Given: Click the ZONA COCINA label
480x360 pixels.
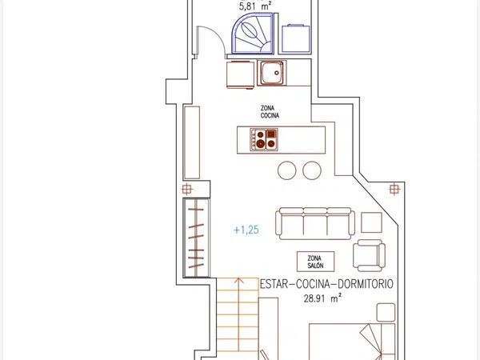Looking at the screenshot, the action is (x=270, y=112).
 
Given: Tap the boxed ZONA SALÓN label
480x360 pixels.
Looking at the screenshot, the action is (x=316, y=262).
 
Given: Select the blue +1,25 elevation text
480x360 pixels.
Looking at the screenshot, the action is (x=246, y=230).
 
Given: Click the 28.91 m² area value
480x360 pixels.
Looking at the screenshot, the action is (x=322, y=298).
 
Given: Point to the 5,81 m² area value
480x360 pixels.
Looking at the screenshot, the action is (x=254, y=6).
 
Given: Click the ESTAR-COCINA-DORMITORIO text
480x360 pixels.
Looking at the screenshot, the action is (x=326, y=284).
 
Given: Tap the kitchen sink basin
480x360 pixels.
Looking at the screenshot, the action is (x=272, y=73).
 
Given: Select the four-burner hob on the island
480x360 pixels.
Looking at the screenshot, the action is (x=264, y=139).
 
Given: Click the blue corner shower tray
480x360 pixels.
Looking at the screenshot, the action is (x=252, y=34).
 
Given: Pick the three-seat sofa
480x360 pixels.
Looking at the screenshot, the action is (x=315, y=223).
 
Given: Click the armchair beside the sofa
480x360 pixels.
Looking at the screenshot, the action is (x=369, y=255).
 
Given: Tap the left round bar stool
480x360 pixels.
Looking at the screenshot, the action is (x=287, y=170).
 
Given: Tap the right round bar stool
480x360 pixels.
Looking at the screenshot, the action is (x=312, y=170).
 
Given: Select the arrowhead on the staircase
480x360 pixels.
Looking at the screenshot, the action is (x=238, y=281).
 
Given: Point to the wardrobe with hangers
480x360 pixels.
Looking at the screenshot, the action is (x=196, y=238).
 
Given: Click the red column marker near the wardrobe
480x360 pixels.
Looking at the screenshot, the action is (x=186, y=189).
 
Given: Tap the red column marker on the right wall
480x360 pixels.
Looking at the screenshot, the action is (x=394, y=189).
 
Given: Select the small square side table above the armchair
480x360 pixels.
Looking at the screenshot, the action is (x=371, y=222).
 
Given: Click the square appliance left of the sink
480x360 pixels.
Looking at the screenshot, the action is (x=240, y=74).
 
